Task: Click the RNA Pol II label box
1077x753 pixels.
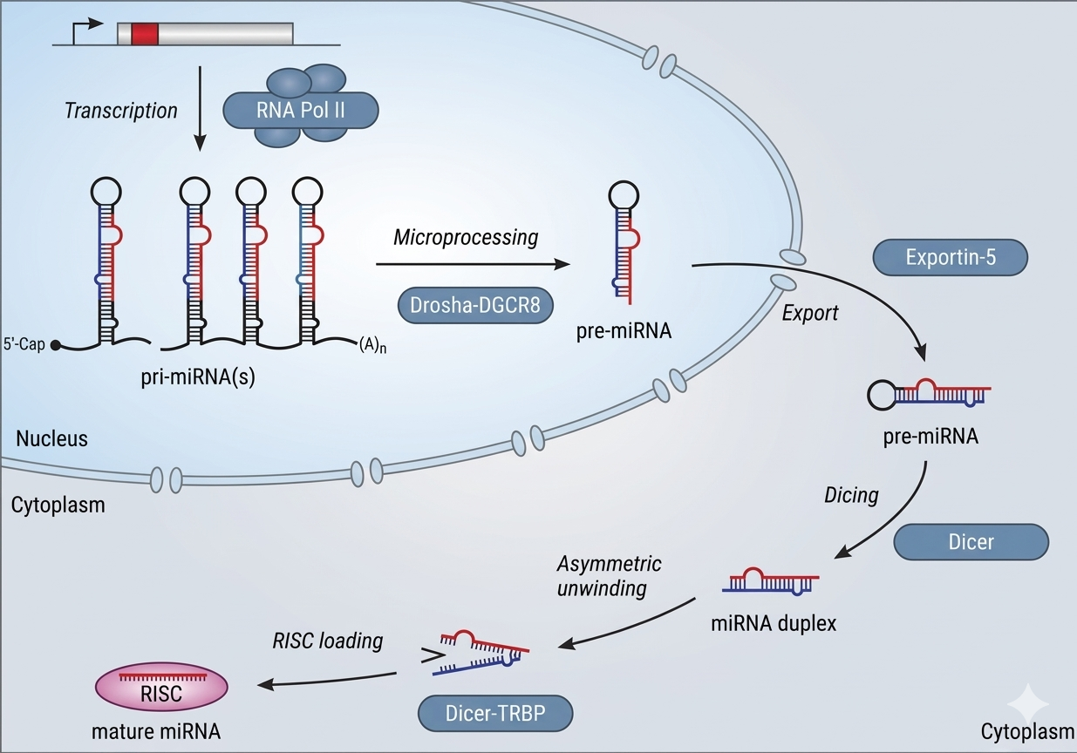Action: pos(301,111)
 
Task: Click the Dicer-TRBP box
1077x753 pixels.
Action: pos(495,714)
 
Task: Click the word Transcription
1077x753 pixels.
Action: pos(120,111)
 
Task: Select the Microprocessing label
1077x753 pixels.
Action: pos(466,237)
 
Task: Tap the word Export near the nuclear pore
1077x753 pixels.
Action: pos(811,312)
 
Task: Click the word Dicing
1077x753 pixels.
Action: pos(851,495)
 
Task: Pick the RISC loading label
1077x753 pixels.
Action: pos(327,641)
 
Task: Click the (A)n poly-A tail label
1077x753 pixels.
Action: pos(372,344)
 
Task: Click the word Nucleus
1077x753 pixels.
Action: pos(51,438)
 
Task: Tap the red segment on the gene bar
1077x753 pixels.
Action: pos(145,33)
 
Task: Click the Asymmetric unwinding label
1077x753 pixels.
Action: pos(610,575)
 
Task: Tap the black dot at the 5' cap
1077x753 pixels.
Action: pos(55,344)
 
